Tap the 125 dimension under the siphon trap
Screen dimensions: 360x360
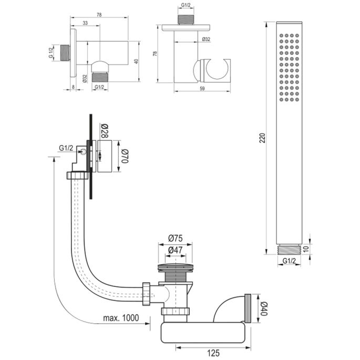click(212, 354)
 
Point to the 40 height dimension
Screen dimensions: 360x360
click(136, 61)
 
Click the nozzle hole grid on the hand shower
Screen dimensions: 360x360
click(290, 68)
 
